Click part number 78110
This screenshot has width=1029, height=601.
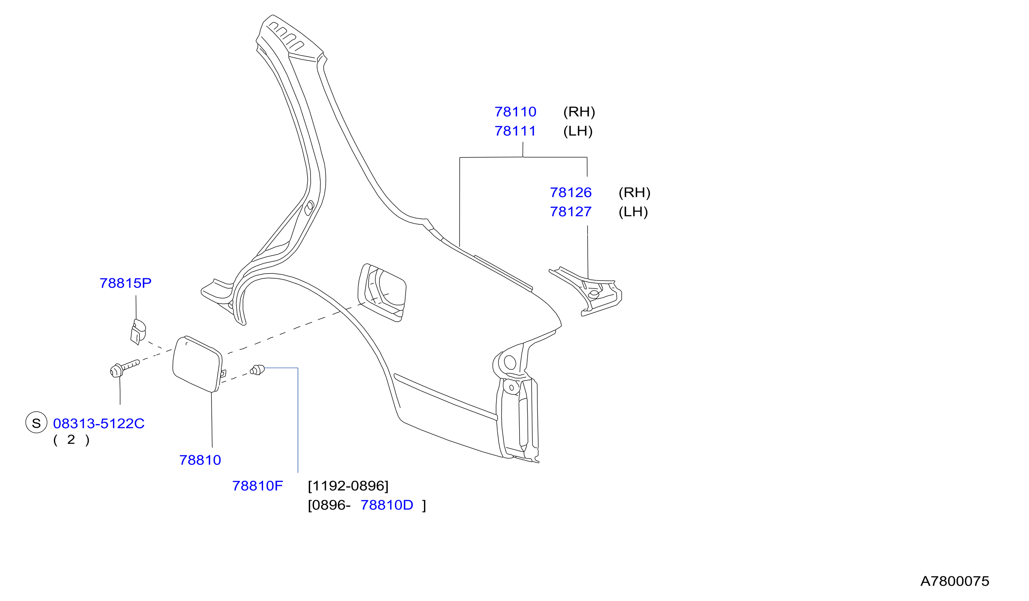coord(516,112)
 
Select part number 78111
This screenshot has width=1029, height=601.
coord(516,131)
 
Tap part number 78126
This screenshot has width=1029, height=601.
coord(571,192)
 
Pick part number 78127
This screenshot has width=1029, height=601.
coord(571,211)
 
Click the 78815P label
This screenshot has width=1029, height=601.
coord(125,283)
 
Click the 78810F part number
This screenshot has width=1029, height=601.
coord(258,486)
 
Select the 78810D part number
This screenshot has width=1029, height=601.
coord(387,505)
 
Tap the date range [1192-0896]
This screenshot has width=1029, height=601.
coord(348,486)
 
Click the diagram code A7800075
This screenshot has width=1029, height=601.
coord(955,581)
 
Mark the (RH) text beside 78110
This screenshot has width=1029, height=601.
coord(579,112)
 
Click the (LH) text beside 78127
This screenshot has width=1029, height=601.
coord(633,211)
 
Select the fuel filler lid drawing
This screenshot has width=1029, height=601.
coord(198,364)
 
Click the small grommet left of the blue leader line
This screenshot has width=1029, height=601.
coord(257,370)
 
